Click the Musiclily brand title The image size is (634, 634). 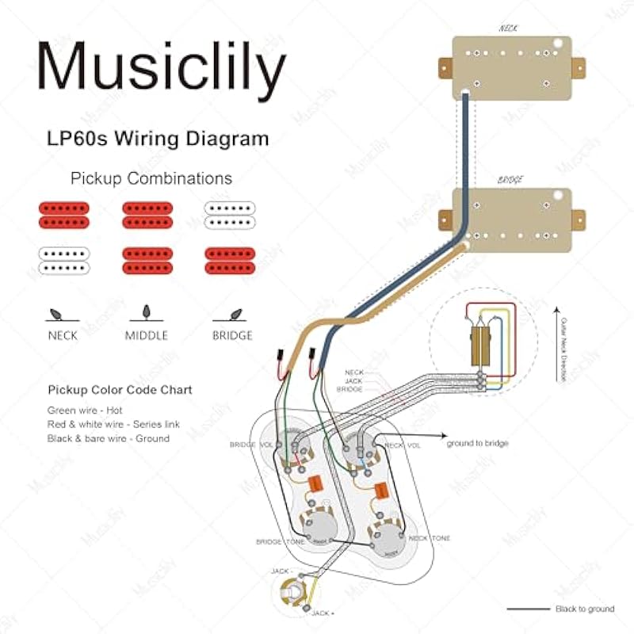(161, 68)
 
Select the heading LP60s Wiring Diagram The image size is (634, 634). (157, 139)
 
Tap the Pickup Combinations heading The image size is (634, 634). (151, 178)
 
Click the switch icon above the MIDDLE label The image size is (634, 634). (146, 311)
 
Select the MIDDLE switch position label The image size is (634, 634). (147, 335)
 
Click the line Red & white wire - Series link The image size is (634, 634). (113, 424)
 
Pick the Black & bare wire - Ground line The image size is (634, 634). (108, 438)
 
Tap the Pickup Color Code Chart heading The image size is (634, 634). (120, 391)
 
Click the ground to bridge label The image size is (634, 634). (477, 443)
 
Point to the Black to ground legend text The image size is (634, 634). (584, 609)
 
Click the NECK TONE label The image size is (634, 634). (430, 538)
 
